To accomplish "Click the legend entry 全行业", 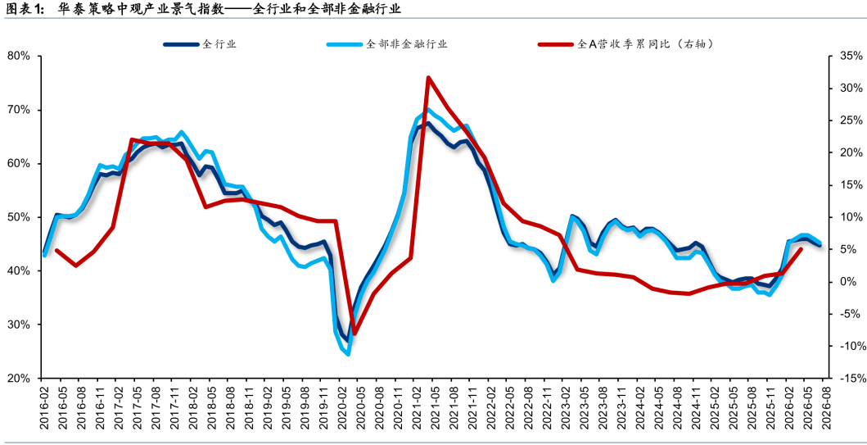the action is [x=200, y=44].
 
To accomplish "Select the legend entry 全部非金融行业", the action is [x=386, y=44].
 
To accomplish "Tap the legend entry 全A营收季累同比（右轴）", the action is [x=625, y=44].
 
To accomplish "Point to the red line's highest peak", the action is [x=428, y=78].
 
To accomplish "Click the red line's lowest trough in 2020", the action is [x=354, y=334].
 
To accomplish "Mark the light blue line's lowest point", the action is [x=348, y=354].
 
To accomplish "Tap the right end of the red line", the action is [x=802, y=249].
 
